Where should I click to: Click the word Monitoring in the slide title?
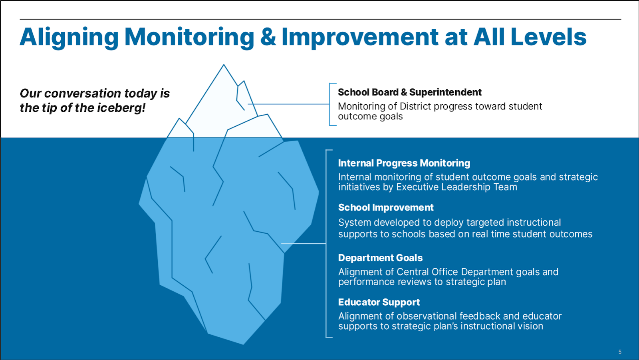(189, 37)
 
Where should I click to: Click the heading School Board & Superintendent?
(410, 92)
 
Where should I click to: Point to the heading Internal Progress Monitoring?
(404, 163)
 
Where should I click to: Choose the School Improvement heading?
(386, 207)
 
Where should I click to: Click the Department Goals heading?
(380, 258)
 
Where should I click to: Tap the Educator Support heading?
(379, 302)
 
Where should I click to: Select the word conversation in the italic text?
(83, 93)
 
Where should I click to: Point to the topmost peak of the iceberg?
(224, 65)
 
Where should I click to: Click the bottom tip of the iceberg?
(243, 344)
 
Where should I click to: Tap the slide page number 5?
(620, 352)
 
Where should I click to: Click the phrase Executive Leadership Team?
(456, 187)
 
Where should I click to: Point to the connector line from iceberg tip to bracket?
(288, 104)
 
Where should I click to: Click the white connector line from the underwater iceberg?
(303, 243)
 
